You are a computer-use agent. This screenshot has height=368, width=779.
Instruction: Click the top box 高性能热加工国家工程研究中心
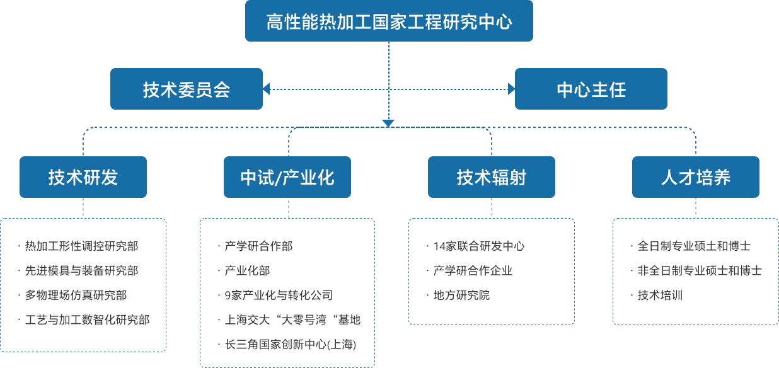click(389, 21)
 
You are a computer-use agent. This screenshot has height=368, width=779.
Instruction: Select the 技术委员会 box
click(187, 89)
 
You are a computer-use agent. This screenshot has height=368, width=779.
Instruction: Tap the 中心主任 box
click(591, 89)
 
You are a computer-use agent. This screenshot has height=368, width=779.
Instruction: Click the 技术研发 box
click(83, 177)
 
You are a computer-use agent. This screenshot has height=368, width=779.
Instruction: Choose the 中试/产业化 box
click(287, 177)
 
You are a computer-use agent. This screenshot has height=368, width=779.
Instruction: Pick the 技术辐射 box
click(491, 177)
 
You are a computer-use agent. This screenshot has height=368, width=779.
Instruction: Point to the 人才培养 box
click(695, 177)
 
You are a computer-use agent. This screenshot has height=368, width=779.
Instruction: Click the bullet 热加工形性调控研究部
click(81, 246)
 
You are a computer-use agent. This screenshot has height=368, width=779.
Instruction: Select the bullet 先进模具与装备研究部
click(81, 271)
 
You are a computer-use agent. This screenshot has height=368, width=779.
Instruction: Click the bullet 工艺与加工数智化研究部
click(87, 320)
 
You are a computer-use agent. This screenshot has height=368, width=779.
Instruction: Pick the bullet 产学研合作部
click(258, 246)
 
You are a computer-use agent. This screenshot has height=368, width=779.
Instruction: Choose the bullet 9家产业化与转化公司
click(279, 296)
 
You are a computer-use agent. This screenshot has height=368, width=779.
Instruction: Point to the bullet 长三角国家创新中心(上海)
click(291, 345)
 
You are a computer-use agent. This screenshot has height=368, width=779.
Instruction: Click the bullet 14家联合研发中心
click(478, 246)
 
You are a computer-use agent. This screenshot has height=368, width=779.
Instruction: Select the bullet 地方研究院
click(461, 296)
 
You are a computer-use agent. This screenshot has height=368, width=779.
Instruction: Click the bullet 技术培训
click(660, 296)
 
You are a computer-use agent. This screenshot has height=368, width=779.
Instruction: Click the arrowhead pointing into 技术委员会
click(267, 89)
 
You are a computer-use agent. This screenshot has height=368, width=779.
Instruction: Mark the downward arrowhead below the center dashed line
click(388, 124)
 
